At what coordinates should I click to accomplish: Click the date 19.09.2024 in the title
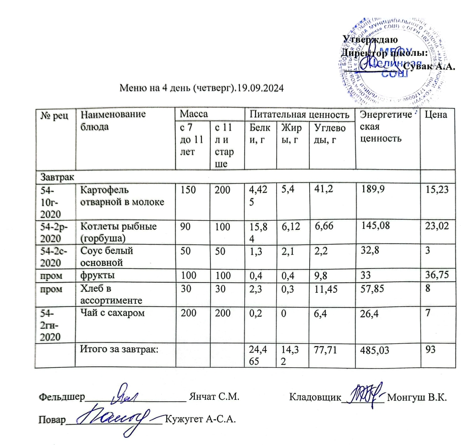(x=260, y=87)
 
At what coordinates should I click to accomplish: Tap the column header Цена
(x=436, y=115)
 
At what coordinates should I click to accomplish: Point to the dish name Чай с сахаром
(x=110, y=314)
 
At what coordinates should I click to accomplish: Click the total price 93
(x=431, y=349)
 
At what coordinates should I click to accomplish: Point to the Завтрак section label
(x=55, y=177)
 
